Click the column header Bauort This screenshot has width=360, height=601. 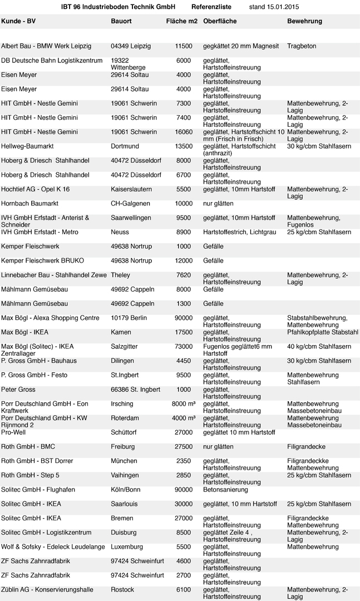[121, 21]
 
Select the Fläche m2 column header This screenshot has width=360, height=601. [181, 21]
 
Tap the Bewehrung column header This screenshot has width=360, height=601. [304, 21]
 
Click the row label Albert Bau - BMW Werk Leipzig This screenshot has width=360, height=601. [46, 46]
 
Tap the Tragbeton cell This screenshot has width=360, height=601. [302, 46]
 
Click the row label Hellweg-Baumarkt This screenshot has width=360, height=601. [27, 146]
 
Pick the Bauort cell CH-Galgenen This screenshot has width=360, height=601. [129, 204]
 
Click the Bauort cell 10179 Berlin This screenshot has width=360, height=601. [129, 318]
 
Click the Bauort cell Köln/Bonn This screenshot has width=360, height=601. [126, 490]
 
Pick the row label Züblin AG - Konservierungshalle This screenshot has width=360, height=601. [47, 590]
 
